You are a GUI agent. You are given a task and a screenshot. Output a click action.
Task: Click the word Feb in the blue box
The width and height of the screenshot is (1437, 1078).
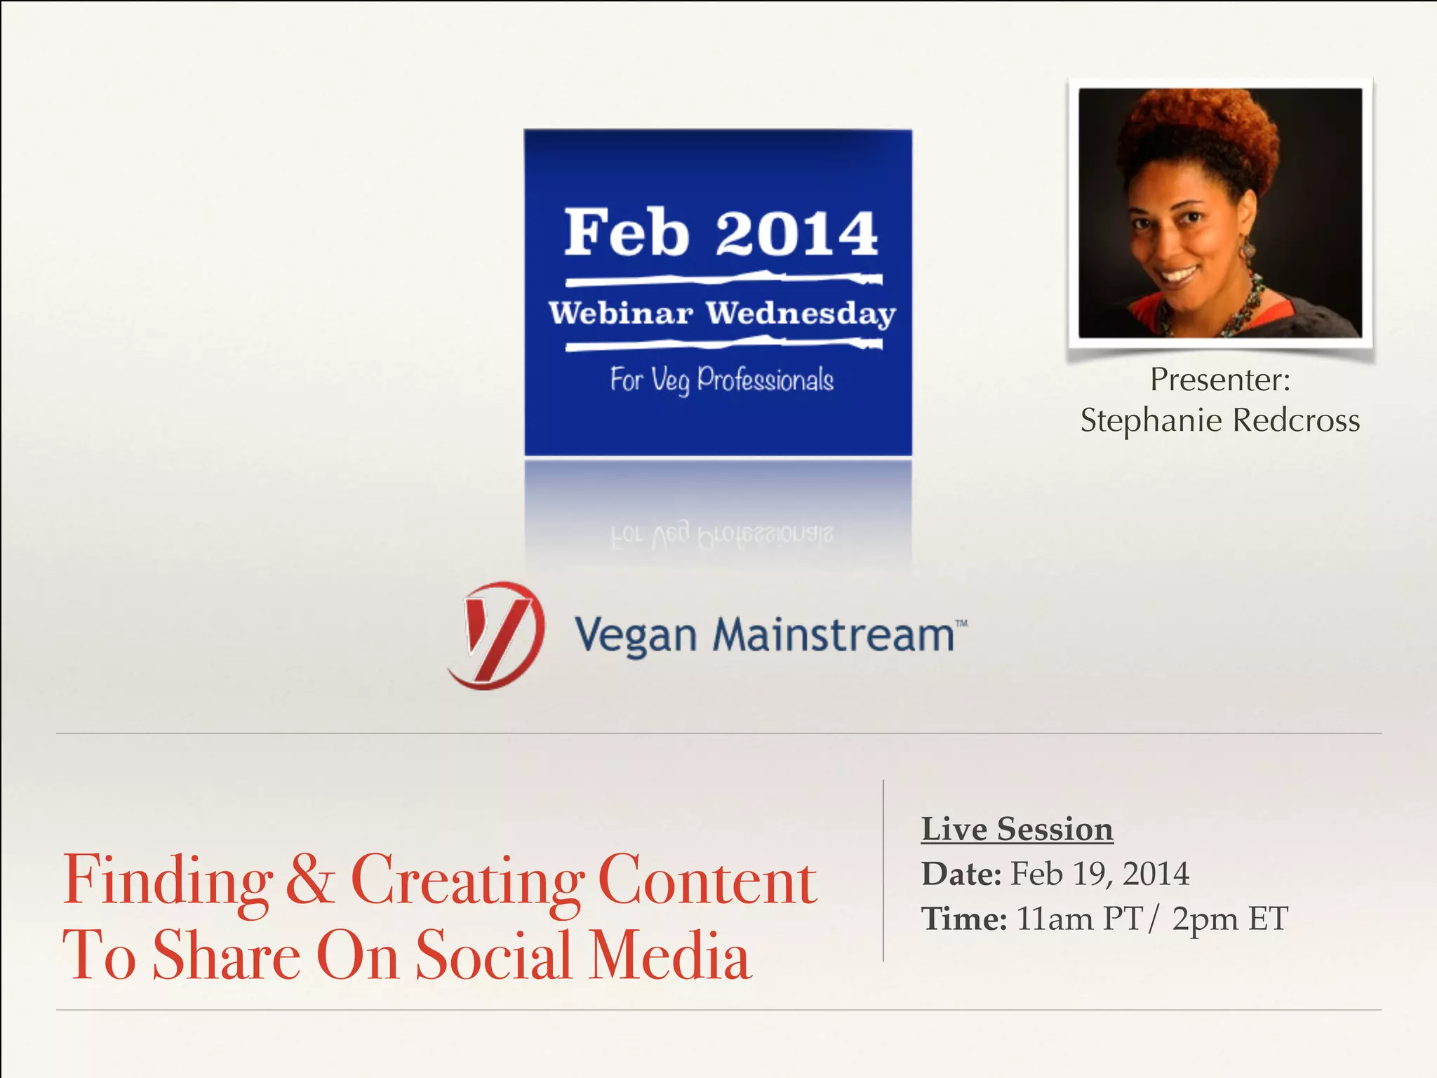pos(627,233)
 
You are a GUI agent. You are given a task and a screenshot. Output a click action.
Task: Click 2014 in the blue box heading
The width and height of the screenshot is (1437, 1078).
pos(796,234)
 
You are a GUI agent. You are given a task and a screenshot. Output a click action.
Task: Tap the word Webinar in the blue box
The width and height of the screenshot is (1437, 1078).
pos(621,313)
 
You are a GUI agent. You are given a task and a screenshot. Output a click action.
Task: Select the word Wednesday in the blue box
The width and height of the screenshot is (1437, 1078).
pos(801,314)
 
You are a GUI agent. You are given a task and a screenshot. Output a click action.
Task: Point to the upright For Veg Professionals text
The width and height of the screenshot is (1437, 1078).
pos(721,380)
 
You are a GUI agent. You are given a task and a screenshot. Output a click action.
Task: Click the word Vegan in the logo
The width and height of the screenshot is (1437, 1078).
pos(635,636)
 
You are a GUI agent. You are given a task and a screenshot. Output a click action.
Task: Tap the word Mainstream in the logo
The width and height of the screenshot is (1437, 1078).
pos(833,634)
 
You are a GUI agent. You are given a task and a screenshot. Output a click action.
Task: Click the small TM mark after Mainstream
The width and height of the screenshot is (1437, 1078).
pos(961,623)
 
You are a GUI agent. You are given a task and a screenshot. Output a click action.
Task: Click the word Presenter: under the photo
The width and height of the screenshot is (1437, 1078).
pos(1219,380)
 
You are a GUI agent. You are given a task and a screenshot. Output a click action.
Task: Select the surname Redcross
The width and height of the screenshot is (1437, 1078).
pos(1296,420)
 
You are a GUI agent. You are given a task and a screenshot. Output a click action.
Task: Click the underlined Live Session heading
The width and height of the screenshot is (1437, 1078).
pos(1017,829)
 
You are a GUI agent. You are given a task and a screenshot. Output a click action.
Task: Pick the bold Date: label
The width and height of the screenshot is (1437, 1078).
pos(961,874)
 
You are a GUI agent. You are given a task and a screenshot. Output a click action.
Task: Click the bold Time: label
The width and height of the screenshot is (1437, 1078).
pos(964,919)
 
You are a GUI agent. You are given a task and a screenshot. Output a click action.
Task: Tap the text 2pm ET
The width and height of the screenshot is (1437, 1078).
pos(1229,919)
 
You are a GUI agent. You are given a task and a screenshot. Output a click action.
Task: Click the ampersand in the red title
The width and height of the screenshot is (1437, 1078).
pos(309,879)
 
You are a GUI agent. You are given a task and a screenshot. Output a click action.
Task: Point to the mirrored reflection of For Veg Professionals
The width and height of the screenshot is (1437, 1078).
pos(721,535)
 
